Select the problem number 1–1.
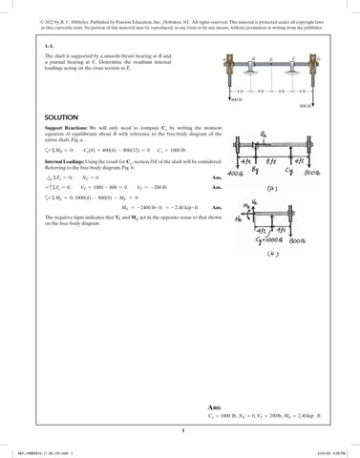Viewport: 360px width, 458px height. (36, 45)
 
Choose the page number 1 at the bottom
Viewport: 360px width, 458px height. (180, 428)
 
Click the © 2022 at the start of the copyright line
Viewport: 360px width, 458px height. (38, 8)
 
